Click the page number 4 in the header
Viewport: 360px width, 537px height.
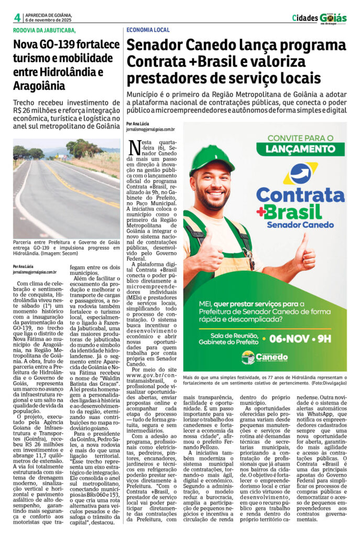coord(17,17)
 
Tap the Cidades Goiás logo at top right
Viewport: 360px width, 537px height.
coord(319,18)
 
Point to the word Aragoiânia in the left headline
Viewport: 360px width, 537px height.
coord(40,85)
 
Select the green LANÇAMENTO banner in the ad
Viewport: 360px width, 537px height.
coord(300,149)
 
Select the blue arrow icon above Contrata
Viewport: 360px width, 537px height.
coord(300,173)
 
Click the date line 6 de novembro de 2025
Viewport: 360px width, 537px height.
coord(48,20)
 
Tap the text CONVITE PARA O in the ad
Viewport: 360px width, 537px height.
coord(300,137)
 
